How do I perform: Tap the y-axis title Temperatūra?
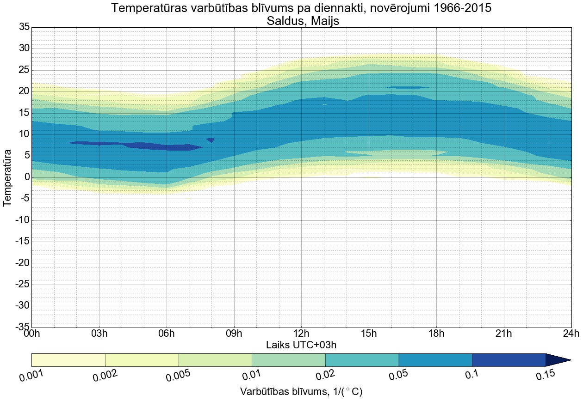click(7, 177)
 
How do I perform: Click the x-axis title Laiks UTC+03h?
click(301, 345)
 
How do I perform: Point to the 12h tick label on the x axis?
click(301, 334)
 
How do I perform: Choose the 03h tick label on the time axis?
click(99, 334)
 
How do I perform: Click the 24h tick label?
click(571, 334)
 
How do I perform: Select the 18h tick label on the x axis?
click(436, 334)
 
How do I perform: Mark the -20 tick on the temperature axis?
click(22, 263)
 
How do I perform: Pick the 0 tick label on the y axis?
click(27, 177)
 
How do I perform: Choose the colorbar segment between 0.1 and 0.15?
click(509, 360)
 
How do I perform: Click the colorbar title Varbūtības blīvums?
click(282, 392)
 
